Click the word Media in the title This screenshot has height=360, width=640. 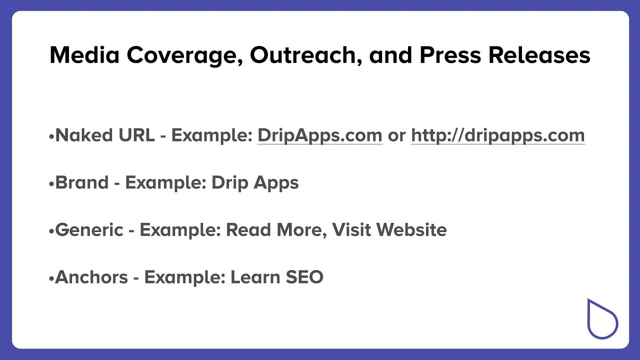tap(84, 55)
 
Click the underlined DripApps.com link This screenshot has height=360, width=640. tap(319, 135)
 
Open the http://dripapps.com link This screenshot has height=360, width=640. tap(497, 135)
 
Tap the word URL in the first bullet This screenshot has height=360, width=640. tap(136, 135)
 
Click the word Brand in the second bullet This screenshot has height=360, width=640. tap(81, 182)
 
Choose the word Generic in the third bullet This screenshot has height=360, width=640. tap(89, 229)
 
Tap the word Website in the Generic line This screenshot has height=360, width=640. tap(411, 229)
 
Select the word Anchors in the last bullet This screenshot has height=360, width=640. tap(91, 276)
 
